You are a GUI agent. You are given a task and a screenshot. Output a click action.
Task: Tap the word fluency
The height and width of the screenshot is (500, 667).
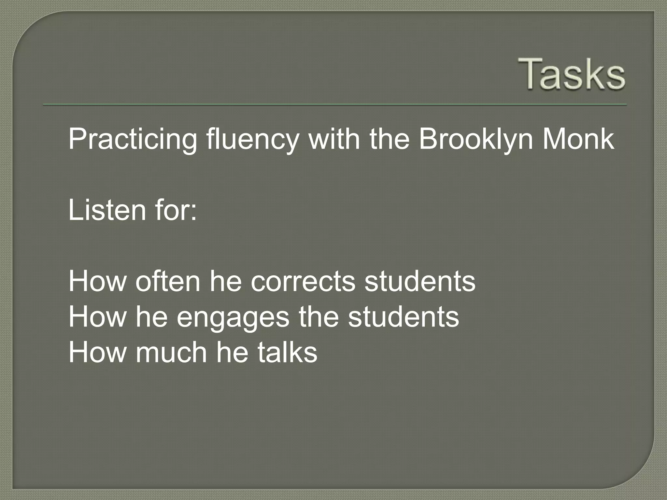click(253, 140)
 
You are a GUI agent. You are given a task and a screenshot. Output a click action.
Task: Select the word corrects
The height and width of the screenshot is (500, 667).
click(303, 282)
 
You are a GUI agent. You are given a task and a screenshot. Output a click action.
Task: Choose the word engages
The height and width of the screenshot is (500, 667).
click(233, 317)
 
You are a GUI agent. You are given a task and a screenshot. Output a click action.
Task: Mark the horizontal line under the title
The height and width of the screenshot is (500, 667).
click(335, 105)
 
